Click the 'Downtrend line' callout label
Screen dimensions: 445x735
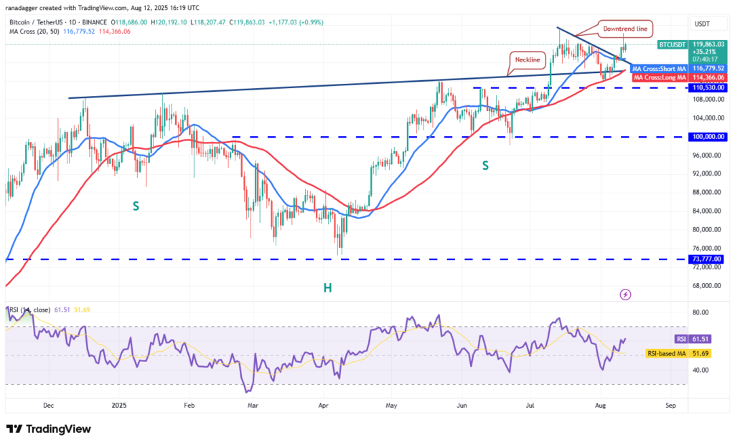[627, 29]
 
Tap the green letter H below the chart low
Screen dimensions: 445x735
[327, 287]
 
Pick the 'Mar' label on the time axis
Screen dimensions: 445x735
[253, 405]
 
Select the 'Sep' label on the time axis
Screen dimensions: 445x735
[671, 405]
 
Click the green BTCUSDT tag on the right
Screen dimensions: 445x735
[673, 44]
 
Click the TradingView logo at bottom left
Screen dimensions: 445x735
[49, 429]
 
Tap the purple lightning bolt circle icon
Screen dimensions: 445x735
[625, 295]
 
